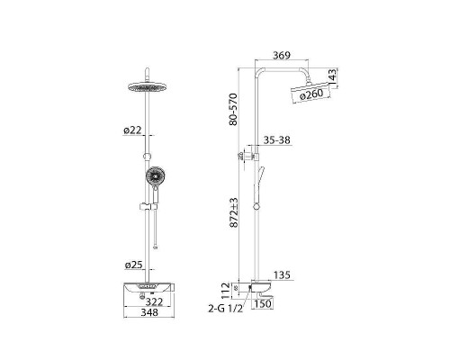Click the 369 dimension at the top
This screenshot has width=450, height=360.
click(x=282, y=56)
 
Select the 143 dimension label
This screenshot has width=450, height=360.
click(x=333, y=76)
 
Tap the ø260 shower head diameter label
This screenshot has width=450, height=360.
click(x=311, y=94)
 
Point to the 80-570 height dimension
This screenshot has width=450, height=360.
click(x=233, y=109)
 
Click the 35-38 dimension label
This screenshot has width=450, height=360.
click(x=277, y=140)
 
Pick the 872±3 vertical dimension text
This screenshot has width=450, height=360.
click(x=234, y=212)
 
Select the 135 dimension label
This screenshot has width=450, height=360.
click(x=282, y=275)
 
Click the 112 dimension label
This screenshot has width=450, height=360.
click(x=226, y=290)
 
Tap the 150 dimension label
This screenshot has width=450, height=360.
click(x=263, y=303)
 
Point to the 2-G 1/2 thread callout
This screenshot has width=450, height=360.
click(x=225, y=309)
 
